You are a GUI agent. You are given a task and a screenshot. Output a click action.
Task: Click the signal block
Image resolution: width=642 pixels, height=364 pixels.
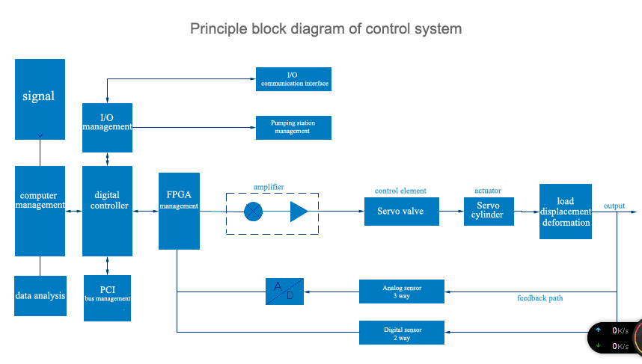click(40, 99)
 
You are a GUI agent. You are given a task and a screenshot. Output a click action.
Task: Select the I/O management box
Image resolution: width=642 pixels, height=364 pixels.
click(107, 123)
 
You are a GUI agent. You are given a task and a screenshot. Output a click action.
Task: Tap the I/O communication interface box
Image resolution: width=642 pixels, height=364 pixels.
click(293, 79)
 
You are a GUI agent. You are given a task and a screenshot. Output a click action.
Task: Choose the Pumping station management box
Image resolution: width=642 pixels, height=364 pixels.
click(293, 127)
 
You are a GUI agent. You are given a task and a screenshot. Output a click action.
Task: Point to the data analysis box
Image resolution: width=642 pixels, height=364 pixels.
click(40, 296)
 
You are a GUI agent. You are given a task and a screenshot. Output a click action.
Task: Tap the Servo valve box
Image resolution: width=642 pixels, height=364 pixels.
click(400, 212)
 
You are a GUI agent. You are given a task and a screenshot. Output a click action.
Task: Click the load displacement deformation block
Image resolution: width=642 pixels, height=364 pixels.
click(566, 212)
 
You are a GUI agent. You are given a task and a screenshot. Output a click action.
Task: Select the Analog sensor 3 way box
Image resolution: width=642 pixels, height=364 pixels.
click(402, 291)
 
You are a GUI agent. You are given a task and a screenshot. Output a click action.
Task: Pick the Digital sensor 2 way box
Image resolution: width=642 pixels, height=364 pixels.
click(402, 333)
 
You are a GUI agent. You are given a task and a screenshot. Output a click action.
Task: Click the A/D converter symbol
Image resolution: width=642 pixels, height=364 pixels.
click(284, 291)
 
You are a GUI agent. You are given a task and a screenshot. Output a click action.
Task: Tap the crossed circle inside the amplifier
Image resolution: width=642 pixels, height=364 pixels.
click(254, 212)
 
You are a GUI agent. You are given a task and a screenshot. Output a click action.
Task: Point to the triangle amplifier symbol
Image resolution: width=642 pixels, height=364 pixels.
click(299, 212)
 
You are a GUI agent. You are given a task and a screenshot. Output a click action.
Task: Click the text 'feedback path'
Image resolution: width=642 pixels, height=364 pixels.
click(539, 298)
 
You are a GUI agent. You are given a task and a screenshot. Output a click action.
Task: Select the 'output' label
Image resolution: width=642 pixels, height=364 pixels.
click(614, 206)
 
